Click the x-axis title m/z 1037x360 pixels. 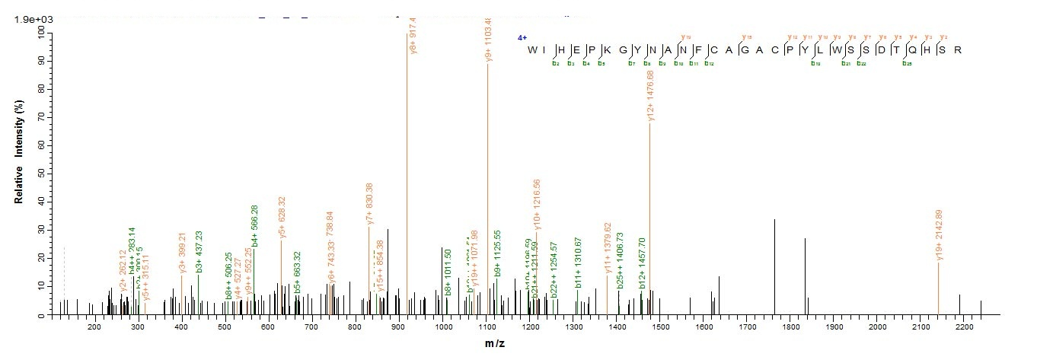(x=495, y=344)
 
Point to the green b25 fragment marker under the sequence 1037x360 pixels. (x=907, y=63)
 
